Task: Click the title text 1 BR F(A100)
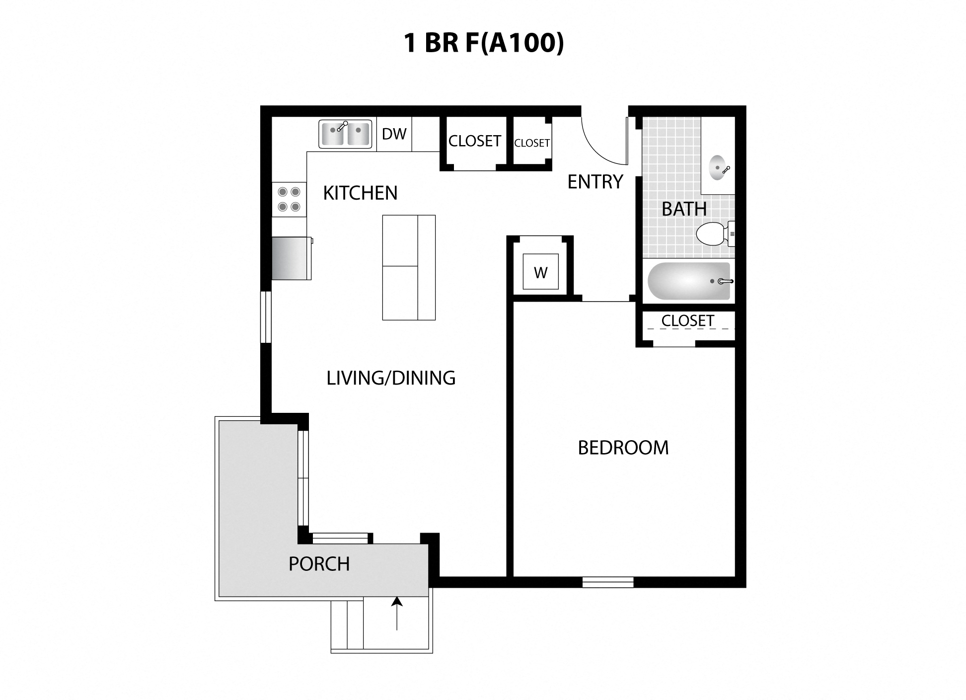pos(483,43)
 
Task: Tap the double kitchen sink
pos(345,134)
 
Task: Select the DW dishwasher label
pos(394,134)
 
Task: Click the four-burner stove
pos(289,199)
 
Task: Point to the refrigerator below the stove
pos(291,258)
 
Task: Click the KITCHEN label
pos(360,193)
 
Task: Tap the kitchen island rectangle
pos(409,267)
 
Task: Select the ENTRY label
pos(595,182)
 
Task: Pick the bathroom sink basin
pos(718,168)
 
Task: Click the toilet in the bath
pos(711,234)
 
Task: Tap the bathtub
pos(688,281)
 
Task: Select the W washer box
pos(540,272)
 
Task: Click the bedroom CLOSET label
pos(687,321)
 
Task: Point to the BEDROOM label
pos(623,448)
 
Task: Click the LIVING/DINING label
pos(391,379)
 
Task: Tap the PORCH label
pos(319,564)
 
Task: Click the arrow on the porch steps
pos(396,614)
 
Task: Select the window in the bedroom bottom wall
pos(607,582)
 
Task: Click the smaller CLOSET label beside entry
pos(531,143)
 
